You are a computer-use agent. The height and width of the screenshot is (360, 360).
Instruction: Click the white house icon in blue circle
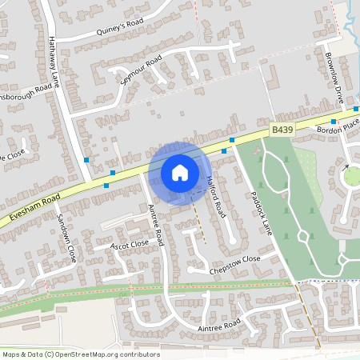pyautogui.click(x=179, y=172)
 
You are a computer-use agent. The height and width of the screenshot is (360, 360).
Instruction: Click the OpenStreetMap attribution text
pyautogui.click(x=81, y=354)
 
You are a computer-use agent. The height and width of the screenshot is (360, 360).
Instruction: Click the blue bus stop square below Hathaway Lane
pyautogui.click(x=86, y=160)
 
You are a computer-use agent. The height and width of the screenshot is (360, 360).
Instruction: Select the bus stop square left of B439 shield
pyautogui.click(x=232, y=140)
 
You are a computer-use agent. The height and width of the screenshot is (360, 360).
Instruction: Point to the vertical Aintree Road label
pyautogui.click(x=157, y=223)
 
